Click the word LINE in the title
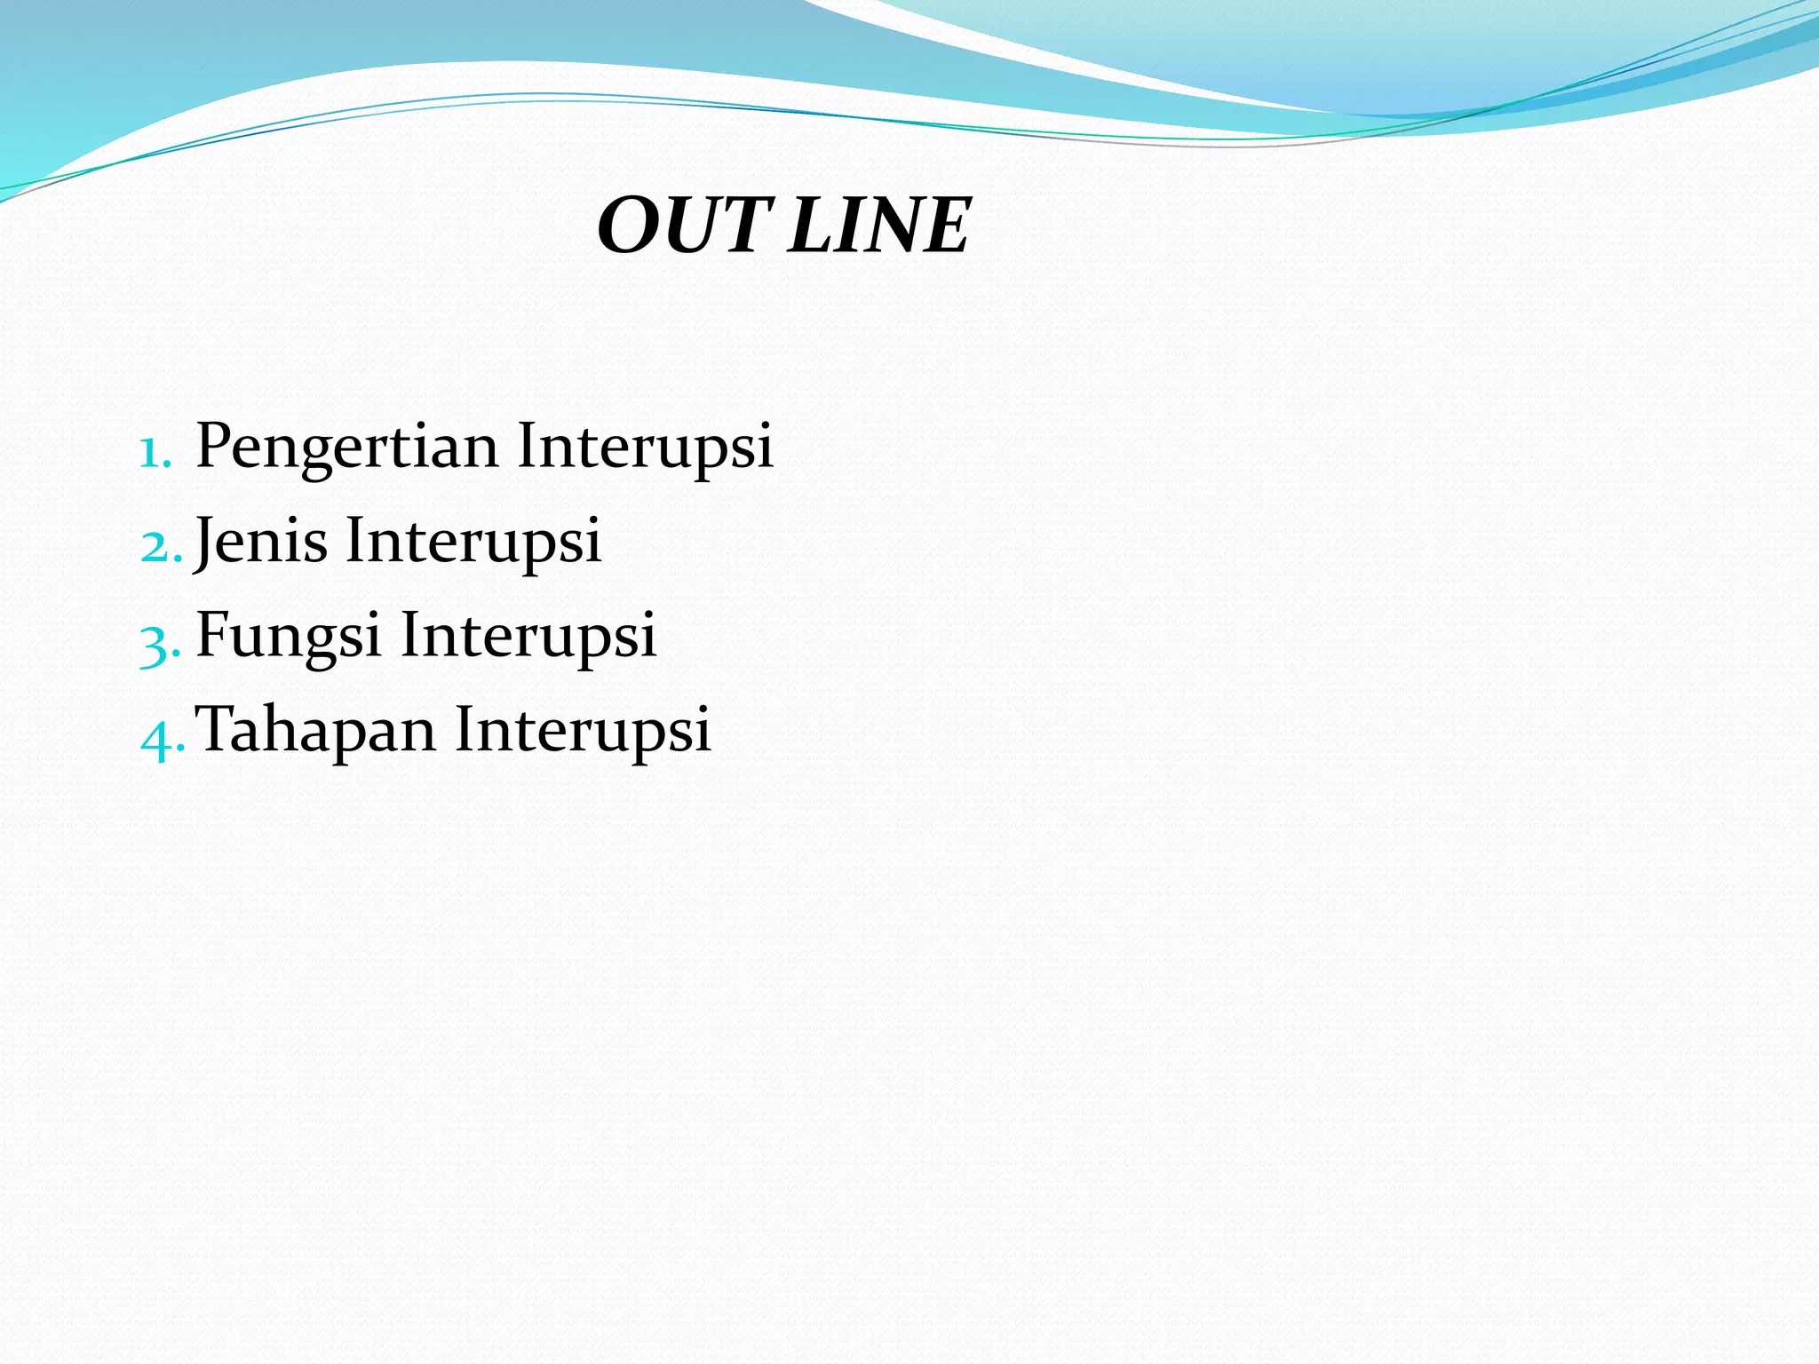(879, 226)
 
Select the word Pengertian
(346, 447)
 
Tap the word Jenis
(260, 541)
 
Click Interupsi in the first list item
(645, 447)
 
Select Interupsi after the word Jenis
(473, 541)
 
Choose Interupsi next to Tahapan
(583, 730)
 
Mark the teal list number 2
(155, 547)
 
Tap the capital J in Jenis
(206, 541)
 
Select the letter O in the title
(631, 226)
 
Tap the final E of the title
(945, 226)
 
